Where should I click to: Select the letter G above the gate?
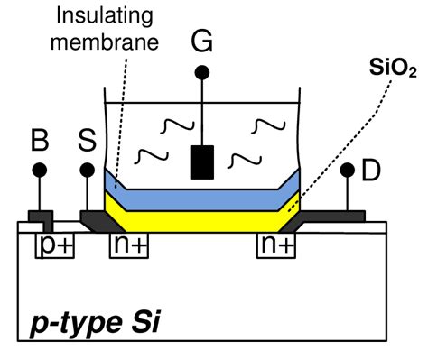point(202,41)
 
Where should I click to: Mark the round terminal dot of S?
point(88,170)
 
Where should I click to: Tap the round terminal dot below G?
point(202,71)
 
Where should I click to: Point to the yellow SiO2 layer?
point(203,217)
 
